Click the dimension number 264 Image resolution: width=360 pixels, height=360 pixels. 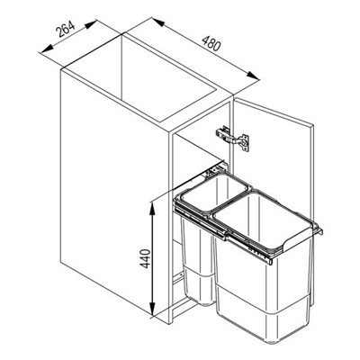[x=66, y=30]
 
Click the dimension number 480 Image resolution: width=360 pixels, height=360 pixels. [x=211, y=43]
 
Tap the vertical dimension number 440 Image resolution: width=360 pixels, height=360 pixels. [x=145, y=258]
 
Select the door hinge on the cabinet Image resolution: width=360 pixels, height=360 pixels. [x=232, y=138]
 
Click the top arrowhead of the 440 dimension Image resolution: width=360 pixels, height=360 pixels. [x=153, y=207]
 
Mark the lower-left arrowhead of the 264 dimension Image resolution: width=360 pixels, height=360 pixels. [x=46, y=49]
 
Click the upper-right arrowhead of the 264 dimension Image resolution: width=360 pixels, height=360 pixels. [x=90, y=24]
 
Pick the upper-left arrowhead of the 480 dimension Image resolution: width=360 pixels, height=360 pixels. [x=158, y=22]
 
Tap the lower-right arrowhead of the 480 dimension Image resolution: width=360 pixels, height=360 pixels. [x=253, y=75]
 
